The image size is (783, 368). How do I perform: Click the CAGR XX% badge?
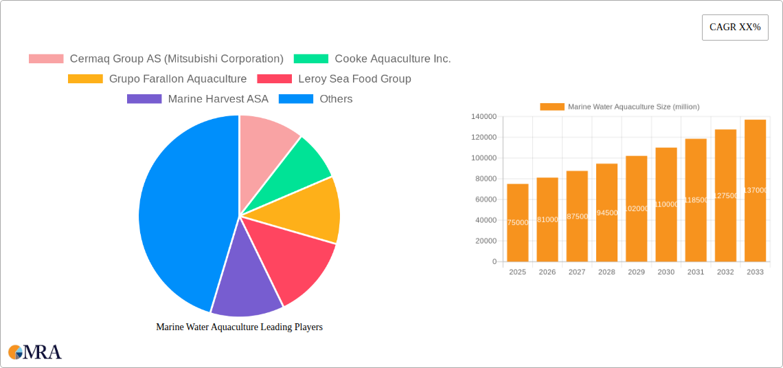pos(734,28)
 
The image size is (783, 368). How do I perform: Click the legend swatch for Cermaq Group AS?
pos(45,59)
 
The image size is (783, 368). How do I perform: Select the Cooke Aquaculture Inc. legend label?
pos(392,59)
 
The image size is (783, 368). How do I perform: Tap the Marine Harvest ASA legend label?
pos(218,99)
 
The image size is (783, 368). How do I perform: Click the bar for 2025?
pos(518,223)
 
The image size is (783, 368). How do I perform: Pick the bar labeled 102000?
pos(637,208)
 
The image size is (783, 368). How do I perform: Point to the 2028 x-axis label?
pos(606,272)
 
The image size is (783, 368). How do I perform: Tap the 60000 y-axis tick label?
pos(486,199)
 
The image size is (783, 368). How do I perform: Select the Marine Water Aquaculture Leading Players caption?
pos(239,327)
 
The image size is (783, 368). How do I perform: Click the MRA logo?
pos(35,352)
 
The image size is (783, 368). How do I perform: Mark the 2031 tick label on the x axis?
pos(696,272)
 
